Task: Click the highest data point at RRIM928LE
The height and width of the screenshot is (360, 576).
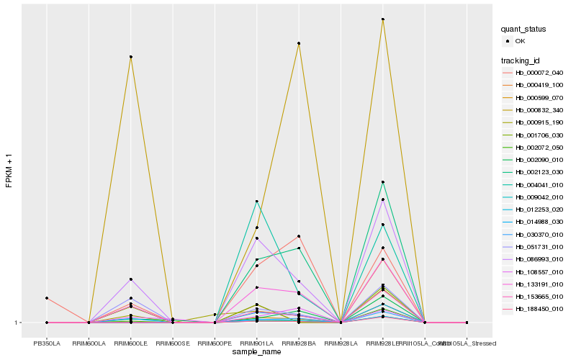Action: (383, 19)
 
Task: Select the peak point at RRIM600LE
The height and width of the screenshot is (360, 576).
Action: (130, 57)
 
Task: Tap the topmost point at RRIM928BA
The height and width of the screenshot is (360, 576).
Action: (299, 44)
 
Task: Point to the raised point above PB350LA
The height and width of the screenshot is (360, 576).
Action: (47, 298)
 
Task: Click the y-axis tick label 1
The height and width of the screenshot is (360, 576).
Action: (17, 323)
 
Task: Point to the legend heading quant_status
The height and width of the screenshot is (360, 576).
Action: (523, 29)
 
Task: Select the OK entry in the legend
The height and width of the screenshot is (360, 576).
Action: (521, 41)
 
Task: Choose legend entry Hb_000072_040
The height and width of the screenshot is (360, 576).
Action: (539, 73)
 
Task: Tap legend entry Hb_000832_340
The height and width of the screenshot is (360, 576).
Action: (539, 109)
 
